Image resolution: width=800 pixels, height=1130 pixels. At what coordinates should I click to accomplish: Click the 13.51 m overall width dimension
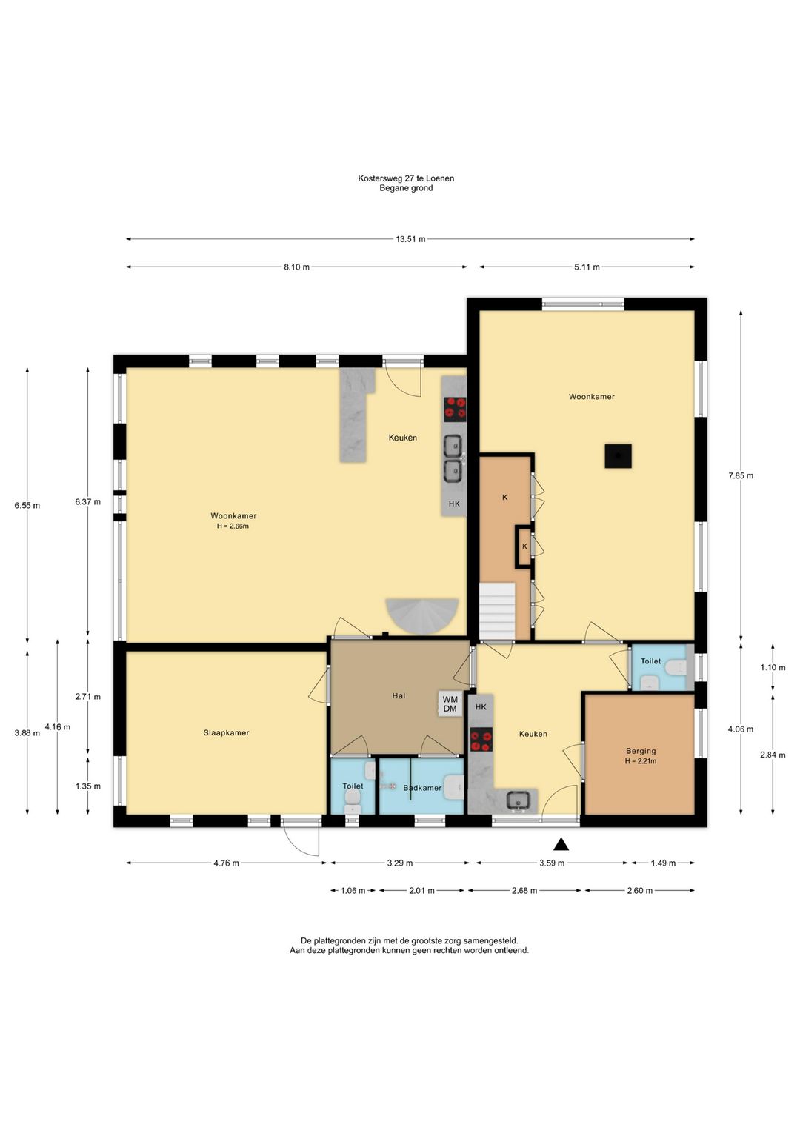(x=410, y=239)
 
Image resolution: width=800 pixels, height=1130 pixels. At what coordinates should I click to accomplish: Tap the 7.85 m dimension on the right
(x=741, y=475)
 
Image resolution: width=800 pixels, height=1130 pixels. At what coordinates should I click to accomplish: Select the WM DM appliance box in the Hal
(x=450, y=703)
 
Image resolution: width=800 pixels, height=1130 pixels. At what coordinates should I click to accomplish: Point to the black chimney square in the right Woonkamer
(x=618, y=456)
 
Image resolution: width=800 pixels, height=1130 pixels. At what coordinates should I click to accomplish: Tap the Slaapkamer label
(x=226, y=732)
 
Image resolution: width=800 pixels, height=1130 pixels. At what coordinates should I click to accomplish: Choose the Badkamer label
(x=422, y=787)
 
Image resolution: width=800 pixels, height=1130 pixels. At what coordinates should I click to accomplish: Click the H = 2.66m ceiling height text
(x=233, y=526)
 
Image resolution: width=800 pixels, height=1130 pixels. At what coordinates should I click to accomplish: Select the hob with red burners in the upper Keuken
(x=455, y=409)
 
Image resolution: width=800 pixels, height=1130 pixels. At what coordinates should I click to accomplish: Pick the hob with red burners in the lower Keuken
(x=481, y=740)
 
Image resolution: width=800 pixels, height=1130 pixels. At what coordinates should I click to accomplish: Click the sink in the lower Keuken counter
(x=518, y=800)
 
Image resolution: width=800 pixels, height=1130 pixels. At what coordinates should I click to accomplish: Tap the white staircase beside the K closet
(x=497, y=611)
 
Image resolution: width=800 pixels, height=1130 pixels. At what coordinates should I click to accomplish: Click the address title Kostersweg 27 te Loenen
(x=406, y=178)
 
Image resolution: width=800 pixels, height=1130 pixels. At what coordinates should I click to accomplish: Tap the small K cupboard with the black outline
(x=524, y=546)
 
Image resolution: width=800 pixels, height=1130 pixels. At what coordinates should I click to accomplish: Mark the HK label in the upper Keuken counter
(x=454, y=504)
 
